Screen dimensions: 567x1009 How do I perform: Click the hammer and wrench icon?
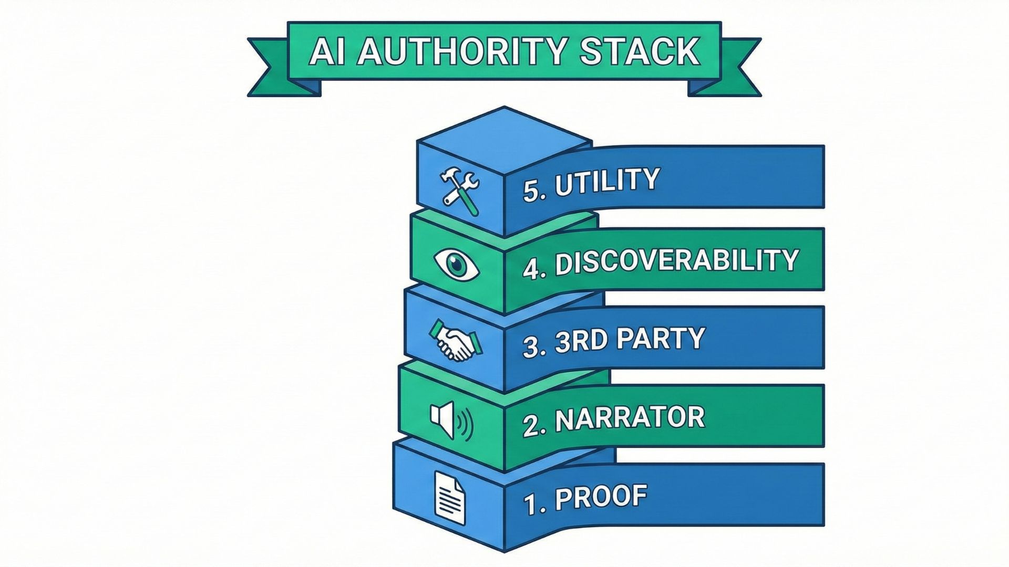point(459,190)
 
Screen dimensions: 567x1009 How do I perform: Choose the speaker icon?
point(451,420)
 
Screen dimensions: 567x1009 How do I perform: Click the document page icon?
point(450,498)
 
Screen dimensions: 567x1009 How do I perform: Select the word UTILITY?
point(607,182)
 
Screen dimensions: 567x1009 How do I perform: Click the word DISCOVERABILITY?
point(677,261)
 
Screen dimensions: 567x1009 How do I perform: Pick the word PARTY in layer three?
point(660,339)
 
